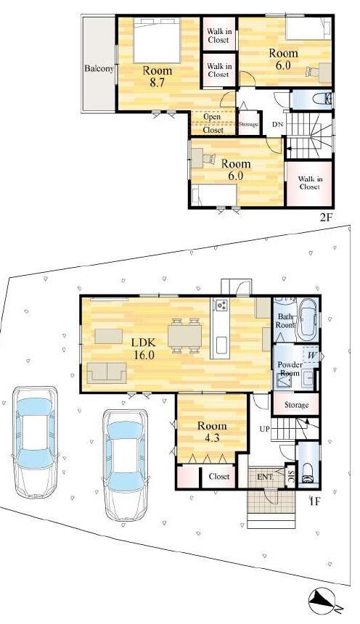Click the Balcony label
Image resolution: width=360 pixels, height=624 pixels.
pos(99,68)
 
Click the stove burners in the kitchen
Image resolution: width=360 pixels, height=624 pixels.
pos(220,305)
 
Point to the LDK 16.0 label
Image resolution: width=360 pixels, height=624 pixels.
pos(144,348)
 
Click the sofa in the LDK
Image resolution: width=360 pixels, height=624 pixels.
pos(107,372)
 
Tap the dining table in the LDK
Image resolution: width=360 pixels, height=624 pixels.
pos(185,335)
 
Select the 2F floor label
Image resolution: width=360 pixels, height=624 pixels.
pos(326,217)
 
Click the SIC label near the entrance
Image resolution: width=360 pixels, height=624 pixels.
pos(291,477)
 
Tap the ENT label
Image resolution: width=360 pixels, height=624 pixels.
pos(265,477)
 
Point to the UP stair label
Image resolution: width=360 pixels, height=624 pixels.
pos(264,430)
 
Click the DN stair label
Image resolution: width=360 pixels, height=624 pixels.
pos(277,125)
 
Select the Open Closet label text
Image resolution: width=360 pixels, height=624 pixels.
pos(213,123)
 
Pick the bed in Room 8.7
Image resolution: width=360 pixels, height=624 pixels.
pos(157,40)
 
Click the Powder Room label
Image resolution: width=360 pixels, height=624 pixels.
pos(290,369)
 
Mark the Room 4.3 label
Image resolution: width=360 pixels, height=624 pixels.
pos(212,432)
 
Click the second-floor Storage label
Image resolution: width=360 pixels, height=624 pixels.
pos(249,124)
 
